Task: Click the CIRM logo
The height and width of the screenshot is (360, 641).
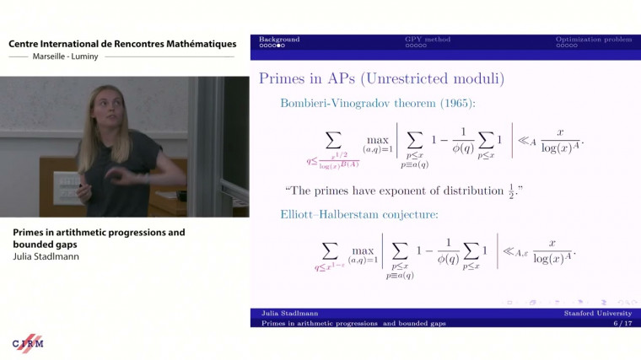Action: click(28, 342)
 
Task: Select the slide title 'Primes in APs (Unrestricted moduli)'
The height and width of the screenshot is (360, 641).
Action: click(381, 79)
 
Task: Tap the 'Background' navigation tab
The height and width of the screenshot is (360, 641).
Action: click(278, 40)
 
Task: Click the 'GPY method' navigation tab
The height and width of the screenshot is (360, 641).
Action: click(428, 40)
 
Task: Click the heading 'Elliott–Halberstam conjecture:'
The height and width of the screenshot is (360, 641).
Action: click(359, 215)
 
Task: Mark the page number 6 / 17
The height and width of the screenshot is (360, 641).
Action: click(622, 323)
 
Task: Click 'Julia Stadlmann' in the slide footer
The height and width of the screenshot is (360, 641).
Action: click(289, 314)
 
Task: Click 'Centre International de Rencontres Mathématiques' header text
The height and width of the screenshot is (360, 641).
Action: click(122, 44)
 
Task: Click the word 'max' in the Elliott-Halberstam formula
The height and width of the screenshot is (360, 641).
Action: click(362, 250)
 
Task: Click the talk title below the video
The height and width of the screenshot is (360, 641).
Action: click(100, 238)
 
